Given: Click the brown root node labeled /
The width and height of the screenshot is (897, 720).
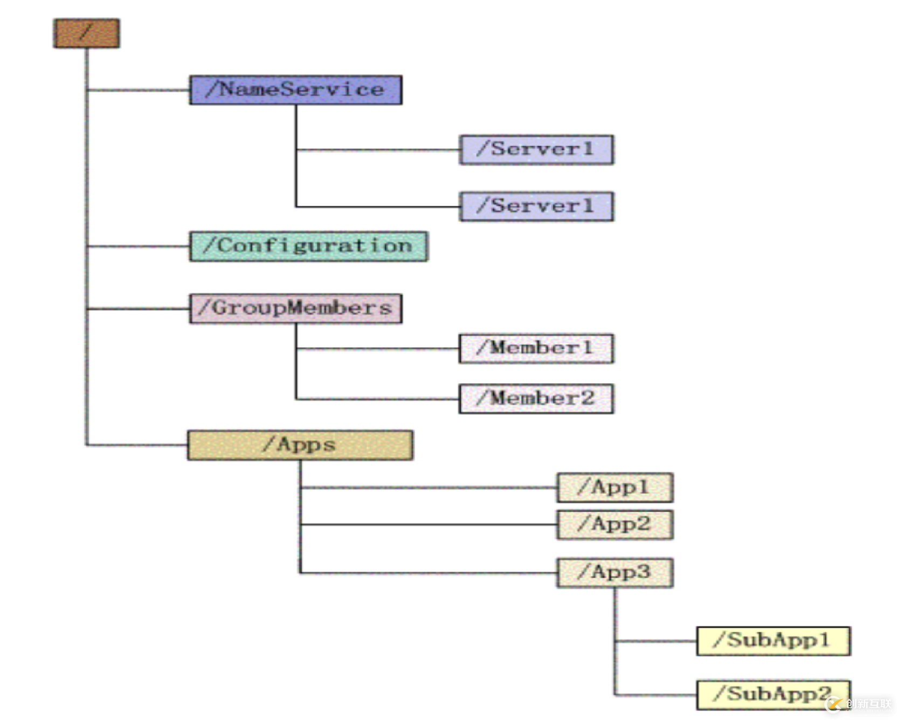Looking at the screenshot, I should click(86, 33).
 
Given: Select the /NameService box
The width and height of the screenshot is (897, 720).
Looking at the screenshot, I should click(295, 90).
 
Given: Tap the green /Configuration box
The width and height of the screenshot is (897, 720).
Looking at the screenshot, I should click(308, 246).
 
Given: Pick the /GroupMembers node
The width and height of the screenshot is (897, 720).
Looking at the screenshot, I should click(295, 309).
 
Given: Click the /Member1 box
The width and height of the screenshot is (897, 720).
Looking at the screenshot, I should click(536, 349).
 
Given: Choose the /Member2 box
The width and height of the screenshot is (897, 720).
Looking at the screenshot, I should click(536, 399).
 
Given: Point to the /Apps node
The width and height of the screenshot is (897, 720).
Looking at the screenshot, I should click(300, 445).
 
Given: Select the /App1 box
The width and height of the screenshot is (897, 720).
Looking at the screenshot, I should click(615, 488).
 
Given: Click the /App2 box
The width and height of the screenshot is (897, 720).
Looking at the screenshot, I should click(615, 524).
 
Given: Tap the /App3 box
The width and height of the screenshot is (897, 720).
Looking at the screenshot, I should click(615, 572).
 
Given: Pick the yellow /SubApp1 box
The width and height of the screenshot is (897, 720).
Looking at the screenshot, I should click(773, 641).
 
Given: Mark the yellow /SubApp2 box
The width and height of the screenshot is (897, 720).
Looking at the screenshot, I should click(773, 694).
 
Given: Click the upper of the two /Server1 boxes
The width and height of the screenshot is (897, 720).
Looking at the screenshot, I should click(536, 150).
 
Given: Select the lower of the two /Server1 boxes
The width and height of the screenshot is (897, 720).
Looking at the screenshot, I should click(536, 206).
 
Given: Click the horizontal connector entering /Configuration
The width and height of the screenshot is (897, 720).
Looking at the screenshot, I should click(138, 246).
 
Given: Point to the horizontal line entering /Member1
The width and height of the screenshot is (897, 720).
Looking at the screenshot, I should click(377, 349).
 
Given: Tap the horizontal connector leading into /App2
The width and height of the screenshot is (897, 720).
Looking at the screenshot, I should click(429, 524).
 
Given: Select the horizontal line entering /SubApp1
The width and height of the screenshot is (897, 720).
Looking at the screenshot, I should click(655, 641).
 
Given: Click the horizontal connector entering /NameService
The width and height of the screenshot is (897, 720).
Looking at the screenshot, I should click(138, 90).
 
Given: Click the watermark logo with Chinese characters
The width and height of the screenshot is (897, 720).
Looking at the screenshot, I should click(859, 704).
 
